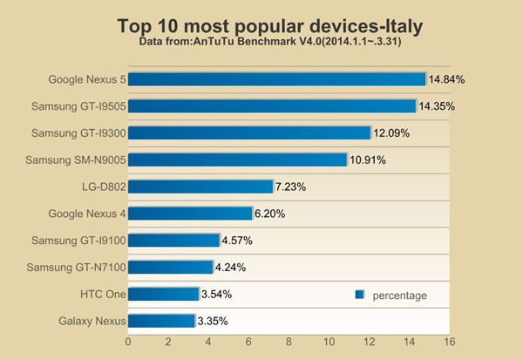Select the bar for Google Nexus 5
(276, 79)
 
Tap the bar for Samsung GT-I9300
(249, 133)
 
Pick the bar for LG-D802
(200, 187)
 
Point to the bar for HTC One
(164, 294)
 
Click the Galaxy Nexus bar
(161, 321)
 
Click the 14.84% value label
(446, 79)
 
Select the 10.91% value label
(367, 160)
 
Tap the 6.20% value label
(273, 214)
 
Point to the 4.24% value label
(234, 268)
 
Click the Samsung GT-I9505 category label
(78, 106)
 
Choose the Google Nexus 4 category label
(85, 214)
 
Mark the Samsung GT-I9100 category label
(78, 241)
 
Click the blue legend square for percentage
(359, 295)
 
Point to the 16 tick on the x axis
(449, 343)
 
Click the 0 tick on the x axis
(129, 343)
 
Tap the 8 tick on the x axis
(289, 343)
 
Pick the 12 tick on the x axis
(369, 343)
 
